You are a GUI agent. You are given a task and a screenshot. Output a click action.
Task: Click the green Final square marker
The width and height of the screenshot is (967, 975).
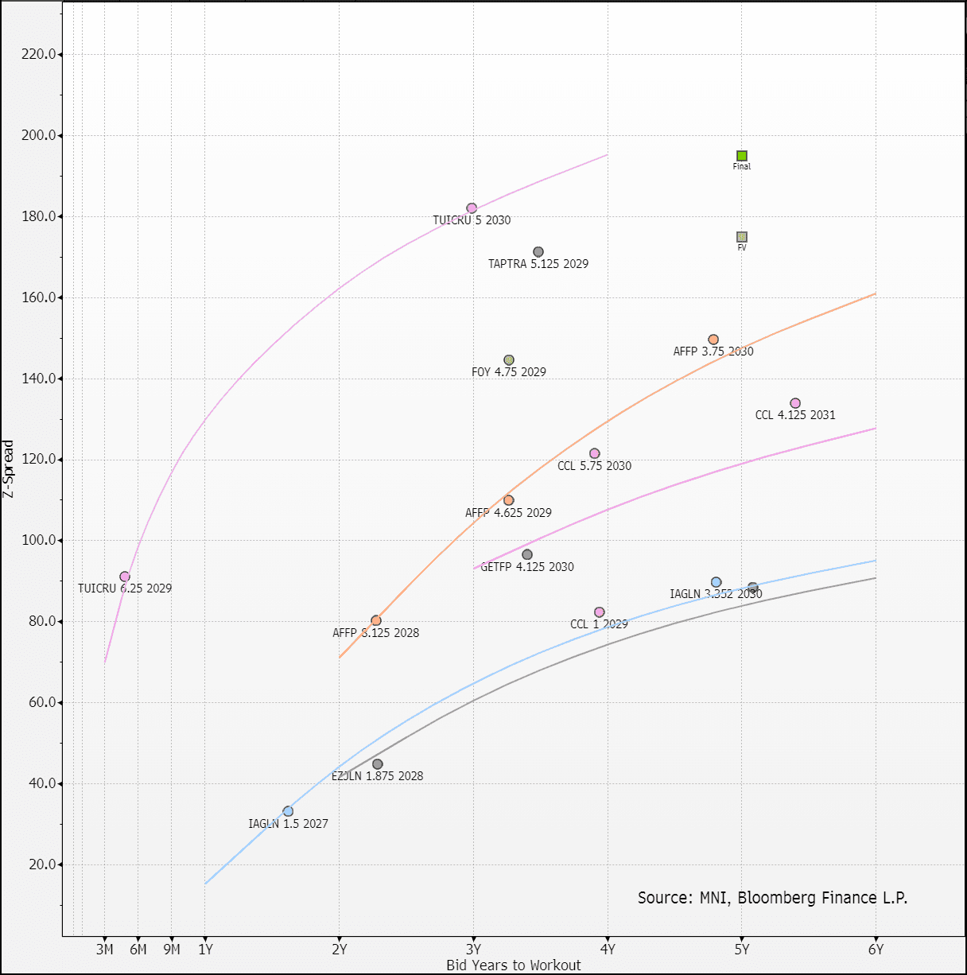742,156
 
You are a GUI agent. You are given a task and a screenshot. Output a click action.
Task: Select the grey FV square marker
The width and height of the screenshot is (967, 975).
742,237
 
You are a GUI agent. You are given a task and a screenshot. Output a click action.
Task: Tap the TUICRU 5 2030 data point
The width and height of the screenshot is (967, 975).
472,208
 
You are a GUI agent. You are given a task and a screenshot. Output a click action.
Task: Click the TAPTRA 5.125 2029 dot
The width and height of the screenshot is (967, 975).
538,252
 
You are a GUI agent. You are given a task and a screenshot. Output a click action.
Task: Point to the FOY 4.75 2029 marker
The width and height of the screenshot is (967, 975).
509,360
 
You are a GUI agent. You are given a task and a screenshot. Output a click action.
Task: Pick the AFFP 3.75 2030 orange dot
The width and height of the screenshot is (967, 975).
713,340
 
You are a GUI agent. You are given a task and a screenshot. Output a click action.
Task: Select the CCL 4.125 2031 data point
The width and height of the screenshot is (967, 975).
795,403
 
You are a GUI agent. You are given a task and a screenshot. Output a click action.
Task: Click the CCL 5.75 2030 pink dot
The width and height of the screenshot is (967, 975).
595,453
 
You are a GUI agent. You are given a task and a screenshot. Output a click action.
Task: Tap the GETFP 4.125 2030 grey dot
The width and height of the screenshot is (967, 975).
527,555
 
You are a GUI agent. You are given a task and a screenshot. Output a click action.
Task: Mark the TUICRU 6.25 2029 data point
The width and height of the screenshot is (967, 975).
125,577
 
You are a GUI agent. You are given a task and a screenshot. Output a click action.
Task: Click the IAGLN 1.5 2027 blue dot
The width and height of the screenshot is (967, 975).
288,811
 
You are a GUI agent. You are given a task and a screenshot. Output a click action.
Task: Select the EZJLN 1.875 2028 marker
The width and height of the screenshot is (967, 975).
378,764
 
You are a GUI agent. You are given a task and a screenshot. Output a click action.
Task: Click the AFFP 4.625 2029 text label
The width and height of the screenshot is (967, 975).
508,513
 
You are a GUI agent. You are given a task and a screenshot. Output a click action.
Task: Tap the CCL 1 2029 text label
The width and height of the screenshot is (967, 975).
599,624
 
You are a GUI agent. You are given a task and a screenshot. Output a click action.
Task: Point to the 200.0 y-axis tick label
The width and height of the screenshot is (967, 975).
41,135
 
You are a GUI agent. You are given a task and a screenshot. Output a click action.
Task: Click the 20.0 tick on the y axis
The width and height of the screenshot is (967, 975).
44,864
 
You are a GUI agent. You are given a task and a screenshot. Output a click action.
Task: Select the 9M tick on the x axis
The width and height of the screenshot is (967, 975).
172,950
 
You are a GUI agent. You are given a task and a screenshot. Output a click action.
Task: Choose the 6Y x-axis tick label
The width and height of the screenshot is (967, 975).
876,950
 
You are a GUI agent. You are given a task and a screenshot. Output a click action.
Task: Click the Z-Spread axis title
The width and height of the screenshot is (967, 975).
9,469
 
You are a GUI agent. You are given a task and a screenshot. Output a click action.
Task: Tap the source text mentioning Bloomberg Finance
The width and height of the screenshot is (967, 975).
772,898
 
